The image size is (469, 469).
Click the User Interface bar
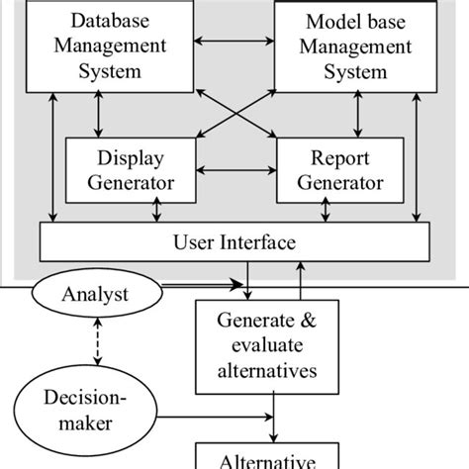coord(234,241)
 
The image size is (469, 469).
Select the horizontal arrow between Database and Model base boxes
coord(234,42)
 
